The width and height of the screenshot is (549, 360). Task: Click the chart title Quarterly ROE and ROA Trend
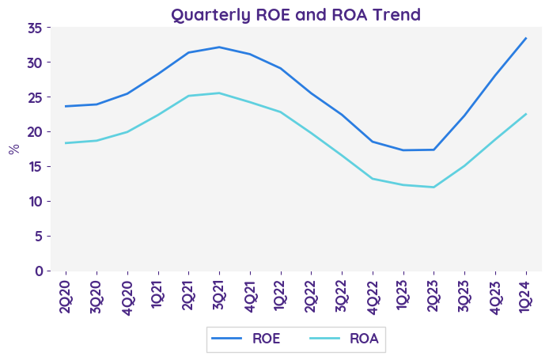pyautogui.click(x=296, y=14)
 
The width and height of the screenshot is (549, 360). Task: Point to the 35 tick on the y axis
pyautogui.click(x=34, y=28)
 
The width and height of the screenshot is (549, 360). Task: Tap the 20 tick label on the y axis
pyautogui.click(x=34, y=132)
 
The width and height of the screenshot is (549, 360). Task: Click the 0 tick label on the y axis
pyautogui.click(x=38, y=271)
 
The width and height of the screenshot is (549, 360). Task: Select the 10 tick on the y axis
pyautogui.click(x=34, y=201)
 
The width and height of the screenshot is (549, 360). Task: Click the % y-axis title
pyautogui.click(x=13, y=149)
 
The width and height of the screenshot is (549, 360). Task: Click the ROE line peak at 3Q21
pyautogui.click(x=219, y=47)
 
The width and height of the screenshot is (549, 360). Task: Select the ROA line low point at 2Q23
pyautogui.click(x=434, y=188)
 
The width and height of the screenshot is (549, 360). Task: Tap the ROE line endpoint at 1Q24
pyautogui.click(x=526, y=38)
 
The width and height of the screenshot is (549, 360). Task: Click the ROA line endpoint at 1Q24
pyautogui.click(x=526, y=114)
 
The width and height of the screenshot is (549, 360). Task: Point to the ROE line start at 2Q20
pyautogui.click(x=66, y=106)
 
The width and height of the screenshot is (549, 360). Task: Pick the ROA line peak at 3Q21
pyautogui.click(x=219, y=93)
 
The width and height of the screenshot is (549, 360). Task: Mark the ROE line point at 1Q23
pyautogui.click(x=403, y=150)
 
